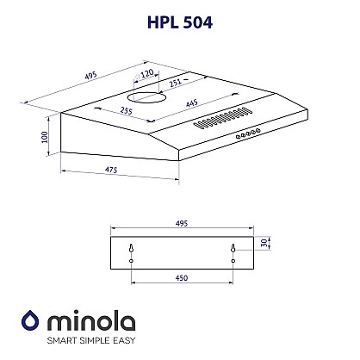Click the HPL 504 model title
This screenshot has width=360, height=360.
pos(180,22)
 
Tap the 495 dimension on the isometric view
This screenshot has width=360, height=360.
pos(91,76)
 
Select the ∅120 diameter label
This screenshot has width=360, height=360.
pos(144,74)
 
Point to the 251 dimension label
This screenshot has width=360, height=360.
pos(175,83)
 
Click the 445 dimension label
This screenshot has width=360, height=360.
pos(191,102)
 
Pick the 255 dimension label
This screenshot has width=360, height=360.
pos(127,110)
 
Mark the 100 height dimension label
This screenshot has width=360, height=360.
pos(44,137)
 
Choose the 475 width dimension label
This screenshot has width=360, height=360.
pos(111,170)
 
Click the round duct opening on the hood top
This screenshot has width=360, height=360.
pos(146,97)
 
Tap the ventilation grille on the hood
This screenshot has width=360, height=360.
pos(223,118)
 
